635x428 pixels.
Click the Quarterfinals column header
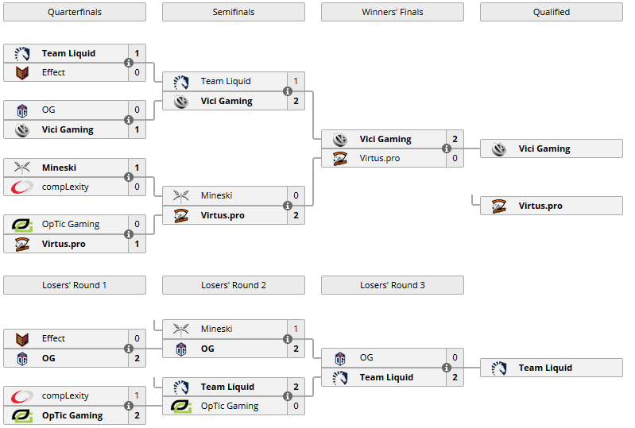pyautogui.click(x=75, y=12)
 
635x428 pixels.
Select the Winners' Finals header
pyautogui.click(x=393, y=12)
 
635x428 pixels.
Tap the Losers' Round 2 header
pyautogui.click(x=234, y=285)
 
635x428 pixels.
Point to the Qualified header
pyautogui.click(x=552, y=12)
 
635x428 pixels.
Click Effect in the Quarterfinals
pyautogui.click(x=54, y=72)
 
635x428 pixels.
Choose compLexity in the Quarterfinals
pyautogui.click(x=65, y=187)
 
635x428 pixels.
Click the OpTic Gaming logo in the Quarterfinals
pyautogui.click(x=22, y=225)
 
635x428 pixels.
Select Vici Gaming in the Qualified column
pyautogui.click(x=544, y=148)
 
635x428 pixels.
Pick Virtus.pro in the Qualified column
pyautogui.click(x=540, y=206)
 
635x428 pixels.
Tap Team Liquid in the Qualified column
pyautogui.click(x=545, y=368)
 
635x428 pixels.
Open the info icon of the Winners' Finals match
pyautogui.click(x=447, y=148)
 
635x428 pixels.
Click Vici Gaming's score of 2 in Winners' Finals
pyautogui.click(x=455, y=139)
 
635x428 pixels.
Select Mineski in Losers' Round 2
pyautogui.click(x=216, y=329)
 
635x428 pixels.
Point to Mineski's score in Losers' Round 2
pyautogui.click(x=296, y=329)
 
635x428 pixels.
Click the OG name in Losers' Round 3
pyautogui.click(x=366, y=357)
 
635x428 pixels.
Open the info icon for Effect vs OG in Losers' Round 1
pyautogui.click(x=129, y=349)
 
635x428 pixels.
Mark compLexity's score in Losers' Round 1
pyautogui.click(x=137, y=395)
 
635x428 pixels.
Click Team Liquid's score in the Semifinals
pyautogui.click(x=296, y=81)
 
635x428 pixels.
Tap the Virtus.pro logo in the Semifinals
pyautogui.click(x=181, y=215)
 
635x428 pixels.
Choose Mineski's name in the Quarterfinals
pyautogui.click(x=59, y=168)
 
